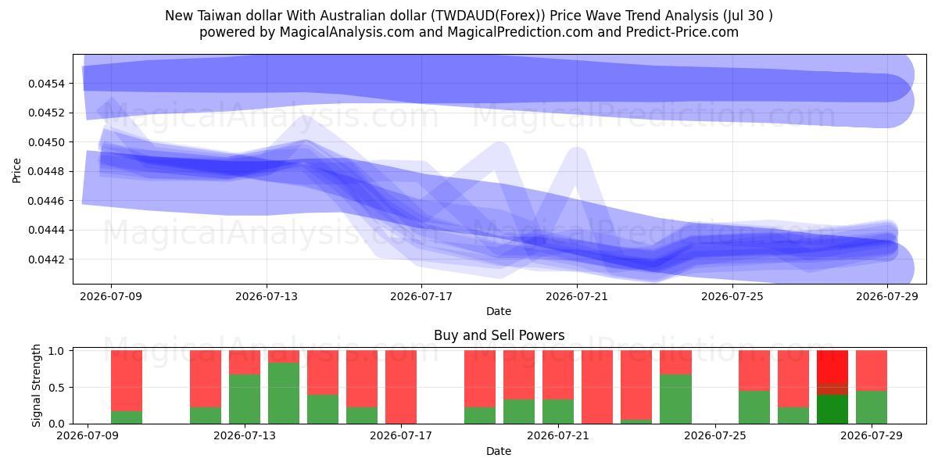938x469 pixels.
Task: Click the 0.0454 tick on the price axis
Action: [x=46, y=84]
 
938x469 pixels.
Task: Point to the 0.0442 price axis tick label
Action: [x=46, y=260]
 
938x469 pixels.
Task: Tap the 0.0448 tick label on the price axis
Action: [x=46, y=172]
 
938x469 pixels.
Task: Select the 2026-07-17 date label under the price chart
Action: [x=421, y=296]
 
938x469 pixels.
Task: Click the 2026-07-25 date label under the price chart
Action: [x=732, y=296]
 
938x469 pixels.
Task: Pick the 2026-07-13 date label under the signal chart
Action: [x=245, y=436]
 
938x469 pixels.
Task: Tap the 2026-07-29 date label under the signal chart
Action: [x=872, y=436]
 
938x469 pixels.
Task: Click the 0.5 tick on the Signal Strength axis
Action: [x=56, y=388]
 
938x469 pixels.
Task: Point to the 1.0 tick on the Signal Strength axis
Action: [x=56, y=351]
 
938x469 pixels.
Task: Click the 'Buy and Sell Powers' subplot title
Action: [x=499, y=335]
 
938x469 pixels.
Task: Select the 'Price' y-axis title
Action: [x=16, y=170]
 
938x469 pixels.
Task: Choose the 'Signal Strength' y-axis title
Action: [x=36, y=385]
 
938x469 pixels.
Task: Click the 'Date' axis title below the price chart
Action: [x=499, y=311]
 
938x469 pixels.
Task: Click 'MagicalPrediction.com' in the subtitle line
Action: [x=520, y=32]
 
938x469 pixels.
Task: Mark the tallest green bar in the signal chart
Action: [x=284, y=393]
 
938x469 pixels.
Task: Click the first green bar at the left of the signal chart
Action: [x=127, y=417]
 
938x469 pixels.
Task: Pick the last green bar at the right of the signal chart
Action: [x=872, y=407]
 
